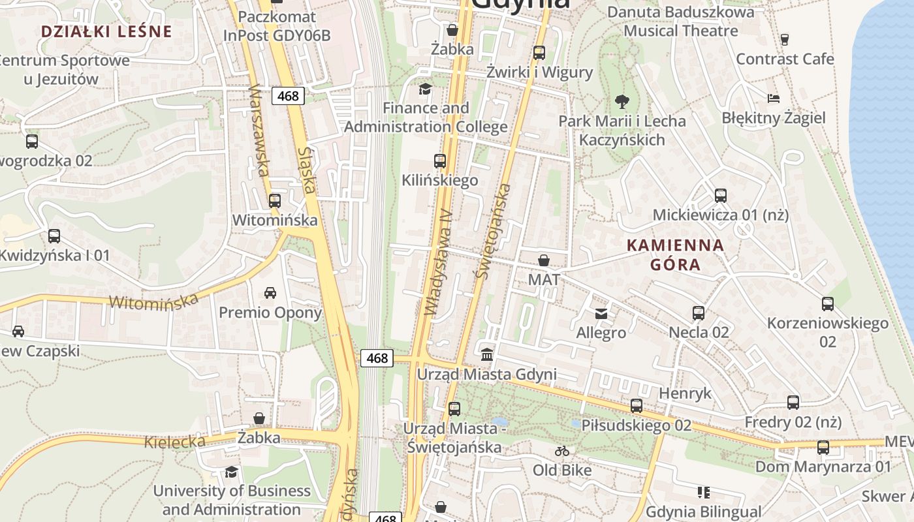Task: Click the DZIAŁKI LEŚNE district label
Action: click(x=106, y=31)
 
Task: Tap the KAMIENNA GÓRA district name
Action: click(x=675, y=254)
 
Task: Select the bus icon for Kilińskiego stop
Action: click(x=440, y=161)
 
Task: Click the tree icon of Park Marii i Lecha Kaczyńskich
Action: click(x=622, y=101)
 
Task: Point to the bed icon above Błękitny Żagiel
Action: click(x=774, y=99)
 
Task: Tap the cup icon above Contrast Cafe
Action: click(x=785, y=39)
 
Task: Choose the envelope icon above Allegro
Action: click(x=601, y=314)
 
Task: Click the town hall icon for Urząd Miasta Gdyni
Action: click(x=487, y=354)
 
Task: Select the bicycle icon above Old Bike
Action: click(x=561, y=451)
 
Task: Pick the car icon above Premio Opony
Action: click(x=270, y=292)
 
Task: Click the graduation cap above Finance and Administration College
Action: click(x=425, y=89)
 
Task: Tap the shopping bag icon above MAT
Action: click(x=543, y=261)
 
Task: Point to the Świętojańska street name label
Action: click(x=494, y=231)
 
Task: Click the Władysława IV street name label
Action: click(x=438, y=262)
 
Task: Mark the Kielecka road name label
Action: click(x=174, y=442)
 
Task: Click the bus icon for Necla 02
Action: click(x=698, y=313)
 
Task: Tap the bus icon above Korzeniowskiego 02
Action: click(x=827, y=303)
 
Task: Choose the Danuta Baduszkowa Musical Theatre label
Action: click(x=680, y=21)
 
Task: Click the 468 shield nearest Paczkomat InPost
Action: click(x=287, y=96)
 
